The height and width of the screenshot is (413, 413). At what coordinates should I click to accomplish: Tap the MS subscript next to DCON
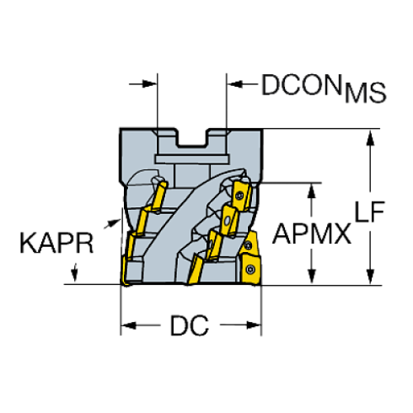pyautogui.click(x=365, y=93)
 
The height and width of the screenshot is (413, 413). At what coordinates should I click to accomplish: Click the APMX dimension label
pyautogui.click(x=312, y=233)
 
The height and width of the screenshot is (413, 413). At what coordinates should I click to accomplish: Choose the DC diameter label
pyautogui.click(x=189, y=324)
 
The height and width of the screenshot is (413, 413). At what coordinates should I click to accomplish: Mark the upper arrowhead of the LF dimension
pyautogui.click(x=369, y=137)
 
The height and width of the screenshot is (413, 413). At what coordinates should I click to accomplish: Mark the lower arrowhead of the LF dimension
pyautogui.click(x=369, y=276)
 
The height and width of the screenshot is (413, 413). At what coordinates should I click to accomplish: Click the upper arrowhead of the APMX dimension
pyautogui.click(x=313, y=189)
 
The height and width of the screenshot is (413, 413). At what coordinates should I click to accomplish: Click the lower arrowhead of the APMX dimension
pyautogui.click(x=313, y=276)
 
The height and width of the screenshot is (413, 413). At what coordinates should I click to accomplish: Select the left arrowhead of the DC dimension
pyautogui.click(x=130, y=323)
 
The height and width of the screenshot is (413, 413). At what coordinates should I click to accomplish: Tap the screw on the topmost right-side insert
pyautogui.click(x=242, y=196)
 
